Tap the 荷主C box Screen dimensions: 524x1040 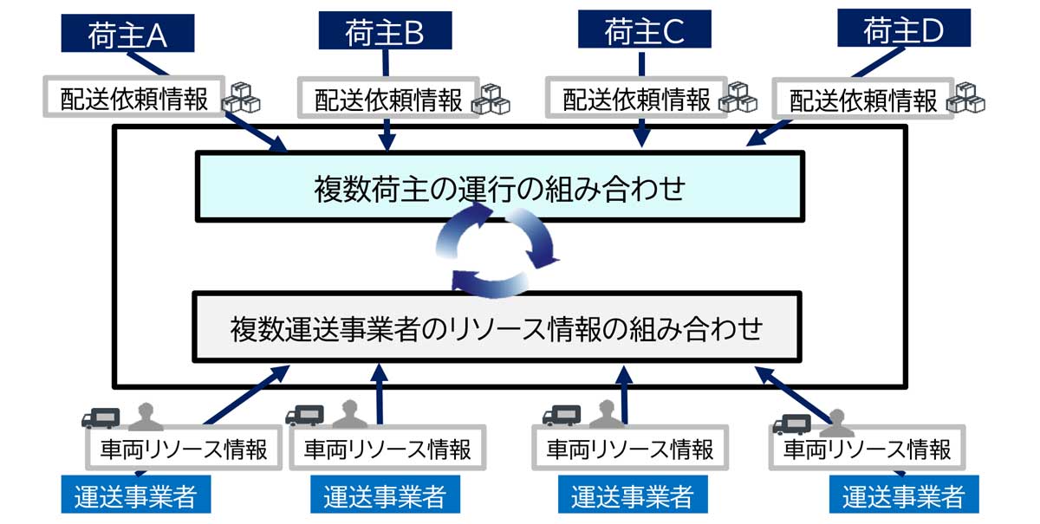pos(643,32)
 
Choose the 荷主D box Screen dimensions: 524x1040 pos(903,31)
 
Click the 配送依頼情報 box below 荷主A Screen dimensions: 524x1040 pos(134,99)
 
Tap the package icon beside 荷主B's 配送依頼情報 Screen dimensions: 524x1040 pos(491,99)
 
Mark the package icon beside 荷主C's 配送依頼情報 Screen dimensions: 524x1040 pos(738,97)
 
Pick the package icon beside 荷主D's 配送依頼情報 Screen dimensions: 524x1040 pos(967,98)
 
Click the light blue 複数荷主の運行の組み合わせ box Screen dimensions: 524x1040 pos(499,186)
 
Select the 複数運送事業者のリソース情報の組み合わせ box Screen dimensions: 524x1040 pos(497,327)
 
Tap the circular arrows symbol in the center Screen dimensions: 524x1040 pos(499,256)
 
